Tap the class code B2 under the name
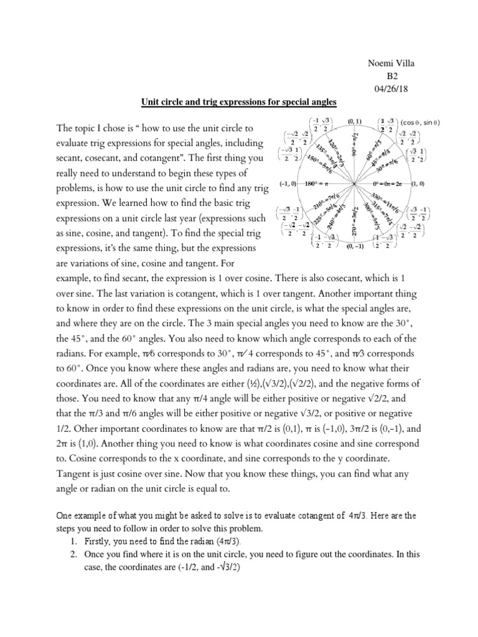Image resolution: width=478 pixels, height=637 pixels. click(x=393, y=77)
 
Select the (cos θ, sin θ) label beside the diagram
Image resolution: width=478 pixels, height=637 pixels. click(x=421, y=123)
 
